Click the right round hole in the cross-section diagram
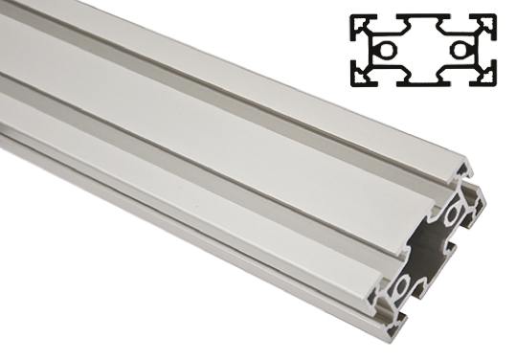463,49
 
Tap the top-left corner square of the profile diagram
358,21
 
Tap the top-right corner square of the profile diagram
489,21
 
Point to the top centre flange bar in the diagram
424,16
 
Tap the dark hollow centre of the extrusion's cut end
428,248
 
